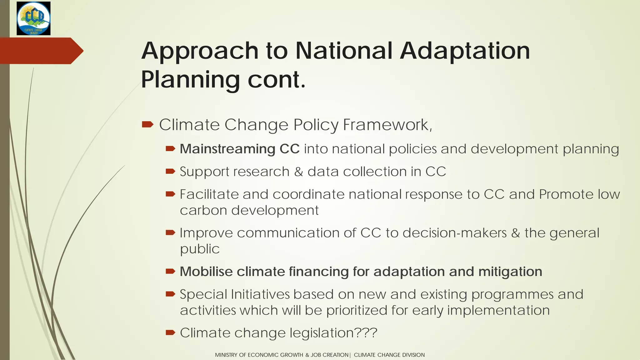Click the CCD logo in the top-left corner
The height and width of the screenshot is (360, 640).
coord(33,18)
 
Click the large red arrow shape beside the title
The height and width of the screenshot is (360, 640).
coord(41,51)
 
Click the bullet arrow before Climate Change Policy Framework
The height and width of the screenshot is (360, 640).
coord(147,125)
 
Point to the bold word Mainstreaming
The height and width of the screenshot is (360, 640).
coord(227,149)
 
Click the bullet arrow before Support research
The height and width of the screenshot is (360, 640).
coord(170,171)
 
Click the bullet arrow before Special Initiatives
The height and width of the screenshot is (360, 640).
coord(170,294)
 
